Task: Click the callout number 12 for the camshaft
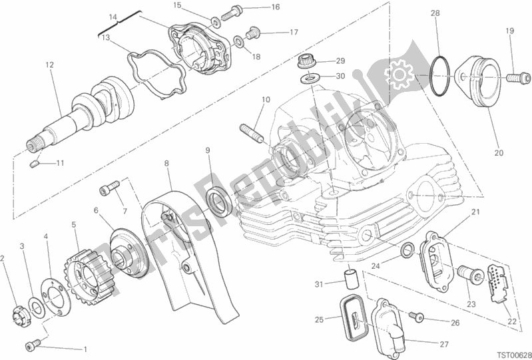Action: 50,65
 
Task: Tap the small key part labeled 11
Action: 34,164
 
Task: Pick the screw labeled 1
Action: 33,345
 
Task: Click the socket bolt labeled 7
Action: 109,188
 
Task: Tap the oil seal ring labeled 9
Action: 219,200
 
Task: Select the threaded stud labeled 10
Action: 252,134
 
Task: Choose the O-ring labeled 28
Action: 440,76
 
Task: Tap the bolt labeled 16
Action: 232,13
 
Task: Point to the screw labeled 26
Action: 416,316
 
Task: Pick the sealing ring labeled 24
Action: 407,250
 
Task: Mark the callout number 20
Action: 499,153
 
